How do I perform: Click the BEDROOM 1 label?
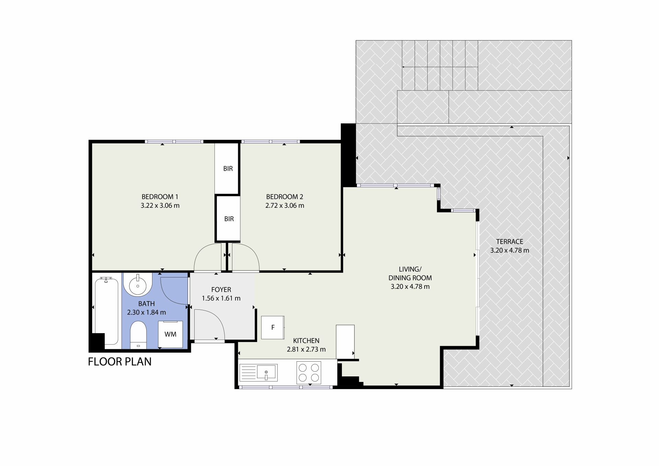[x=160, y=197]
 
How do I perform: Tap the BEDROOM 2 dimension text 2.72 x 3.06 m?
[x=285, y=206]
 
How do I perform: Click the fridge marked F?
[x=273, y=328]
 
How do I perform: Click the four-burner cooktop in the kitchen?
[x=309, y=373]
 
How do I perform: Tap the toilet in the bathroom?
[x=138, y=335]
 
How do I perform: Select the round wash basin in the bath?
[x=138, y=285]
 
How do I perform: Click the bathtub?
[x=106, y=310]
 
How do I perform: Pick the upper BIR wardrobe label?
[x=228, y=169]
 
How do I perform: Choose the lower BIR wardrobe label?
[x=229, y=219]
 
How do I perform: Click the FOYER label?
[x=221, y=290]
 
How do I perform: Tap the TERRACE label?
[x=509, y=242]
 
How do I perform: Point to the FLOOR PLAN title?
[x=120, y=362]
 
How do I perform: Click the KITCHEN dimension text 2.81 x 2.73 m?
[x=306, y=350]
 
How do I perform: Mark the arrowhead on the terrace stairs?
[x=404, y=67]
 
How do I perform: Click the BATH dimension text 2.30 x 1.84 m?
[x=147, y=312]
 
